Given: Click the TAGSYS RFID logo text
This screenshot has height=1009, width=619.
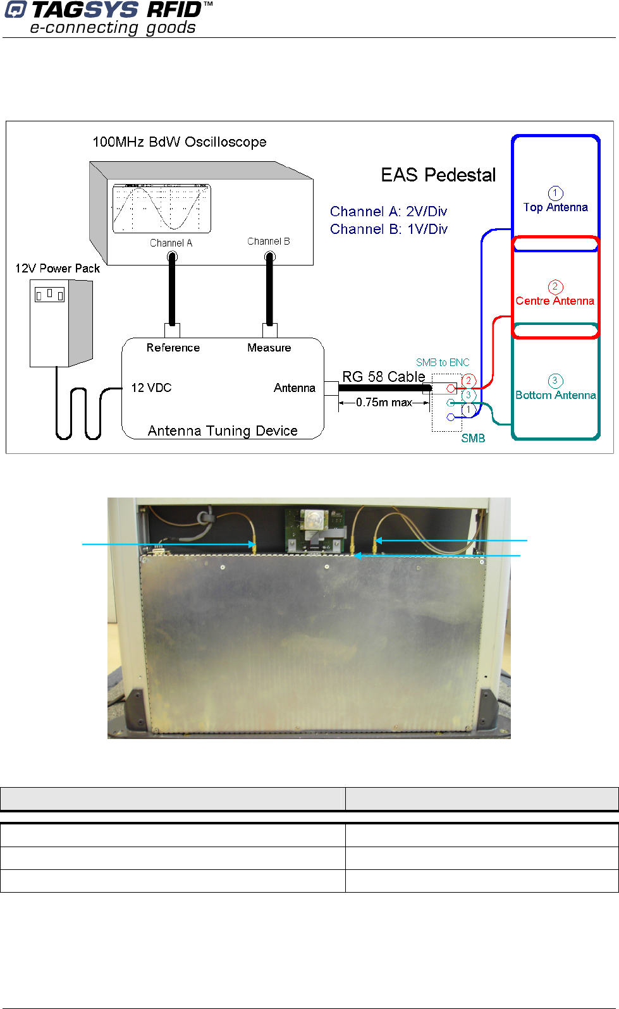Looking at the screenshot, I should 116,10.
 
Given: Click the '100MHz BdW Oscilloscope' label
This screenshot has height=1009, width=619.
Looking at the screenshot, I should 179,142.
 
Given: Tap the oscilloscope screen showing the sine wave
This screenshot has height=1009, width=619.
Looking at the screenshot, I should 162,209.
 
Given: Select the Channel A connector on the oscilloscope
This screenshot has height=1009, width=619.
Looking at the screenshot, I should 172,257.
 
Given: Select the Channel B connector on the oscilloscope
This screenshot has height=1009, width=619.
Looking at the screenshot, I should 270,256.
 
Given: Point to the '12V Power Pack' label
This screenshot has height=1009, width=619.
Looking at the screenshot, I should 58,269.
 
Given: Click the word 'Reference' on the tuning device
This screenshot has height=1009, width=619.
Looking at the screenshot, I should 173,348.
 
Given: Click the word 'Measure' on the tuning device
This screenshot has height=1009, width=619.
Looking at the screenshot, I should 269,348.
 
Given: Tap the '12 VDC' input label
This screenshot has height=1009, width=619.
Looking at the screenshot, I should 151,388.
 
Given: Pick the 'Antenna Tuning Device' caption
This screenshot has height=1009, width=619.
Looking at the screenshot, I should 223,431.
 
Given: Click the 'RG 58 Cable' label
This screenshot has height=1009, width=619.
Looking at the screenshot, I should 384,377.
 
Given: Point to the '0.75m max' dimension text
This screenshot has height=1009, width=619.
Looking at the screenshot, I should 384,403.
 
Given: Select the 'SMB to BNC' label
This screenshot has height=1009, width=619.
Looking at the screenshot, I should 443,362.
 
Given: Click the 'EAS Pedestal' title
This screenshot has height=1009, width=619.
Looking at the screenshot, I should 438,175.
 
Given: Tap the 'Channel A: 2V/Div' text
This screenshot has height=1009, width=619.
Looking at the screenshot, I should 388,211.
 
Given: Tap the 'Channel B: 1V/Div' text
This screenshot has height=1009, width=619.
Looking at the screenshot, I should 388,229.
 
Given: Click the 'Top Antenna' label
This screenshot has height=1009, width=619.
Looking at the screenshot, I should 555,207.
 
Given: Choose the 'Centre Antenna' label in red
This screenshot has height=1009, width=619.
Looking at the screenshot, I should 555,301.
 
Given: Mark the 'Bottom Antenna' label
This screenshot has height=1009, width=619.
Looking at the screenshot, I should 555,395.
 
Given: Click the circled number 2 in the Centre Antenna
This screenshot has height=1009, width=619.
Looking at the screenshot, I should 555,287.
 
